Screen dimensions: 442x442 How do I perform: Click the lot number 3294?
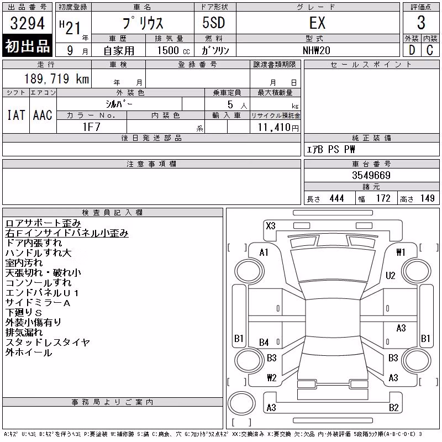click(27, 23)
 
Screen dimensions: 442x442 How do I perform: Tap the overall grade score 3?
click(421, 23)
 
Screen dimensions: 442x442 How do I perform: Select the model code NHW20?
click(316, 50)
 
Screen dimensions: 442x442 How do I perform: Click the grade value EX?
click(317, 23)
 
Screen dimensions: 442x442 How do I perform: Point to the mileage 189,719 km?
click(56, 78)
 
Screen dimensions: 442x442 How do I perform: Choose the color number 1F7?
click(91, 127)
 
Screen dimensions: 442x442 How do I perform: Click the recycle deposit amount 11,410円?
click(278, 128)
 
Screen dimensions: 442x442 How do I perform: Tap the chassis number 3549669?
click(371, 175)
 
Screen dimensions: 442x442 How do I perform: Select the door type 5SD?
click(214, 23)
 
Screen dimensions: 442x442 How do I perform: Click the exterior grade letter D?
click(412, 50)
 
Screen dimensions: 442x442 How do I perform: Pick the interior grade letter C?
click(430, 50)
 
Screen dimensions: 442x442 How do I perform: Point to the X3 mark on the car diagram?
click(271, 226)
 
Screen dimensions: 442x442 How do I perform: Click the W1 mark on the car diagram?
click(401, 252)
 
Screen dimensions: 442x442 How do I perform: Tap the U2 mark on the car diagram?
click(391, 275)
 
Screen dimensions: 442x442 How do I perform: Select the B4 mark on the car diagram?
click(264, 343)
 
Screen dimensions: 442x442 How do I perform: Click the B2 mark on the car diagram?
click(394, 408)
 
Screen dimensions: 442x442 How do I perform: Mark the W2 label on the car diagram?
click(272, 378)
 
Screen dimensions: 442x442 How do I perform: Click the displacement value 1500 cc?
click(173, 50)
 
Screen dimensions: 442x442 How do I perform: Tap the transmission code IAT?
click(16, 115)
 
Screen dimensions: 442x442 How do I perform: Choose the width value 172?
click(383, 198)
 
